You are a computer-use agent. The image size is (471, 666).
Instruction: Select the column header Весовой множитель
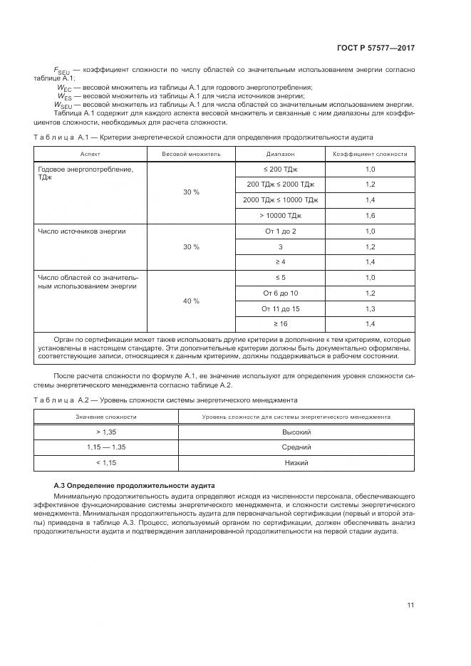point(191,154)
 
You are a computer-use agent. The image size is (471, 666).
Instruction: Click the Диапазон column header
point(280,154)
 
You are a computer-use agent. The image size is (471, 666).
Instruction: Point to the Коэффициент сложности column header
point(370,154)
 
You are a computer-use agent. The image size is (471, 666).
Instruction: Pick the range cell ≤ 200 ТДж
point(280,170)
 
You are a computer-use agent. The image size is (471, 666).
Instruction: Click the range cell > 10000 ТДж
point(280,216)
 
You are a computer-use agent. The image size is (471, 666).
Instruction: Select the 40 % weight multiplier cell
point(191,301)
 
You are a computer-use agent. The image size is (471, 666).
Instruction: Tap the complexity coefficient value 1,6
point(370,216)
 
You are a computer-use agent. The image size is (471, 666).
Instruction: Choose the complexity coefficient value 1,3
point(370,308)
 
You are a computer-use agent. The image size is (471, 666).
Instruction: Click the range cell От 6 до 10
point(280,293)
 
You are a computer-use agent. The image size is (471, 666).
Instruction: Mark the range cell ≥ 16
point(280,324)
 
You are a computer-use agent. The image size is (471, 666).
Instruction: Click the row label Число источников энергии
point(82,231)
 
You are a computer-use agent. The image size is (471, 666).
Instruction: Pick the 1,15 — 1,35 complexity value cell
point(106,447)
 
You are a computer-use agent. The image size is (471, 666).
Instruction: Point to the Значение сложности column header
point(106,417)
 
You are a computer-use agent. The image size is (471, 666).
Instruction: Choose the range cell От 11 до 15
point(280,308)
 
